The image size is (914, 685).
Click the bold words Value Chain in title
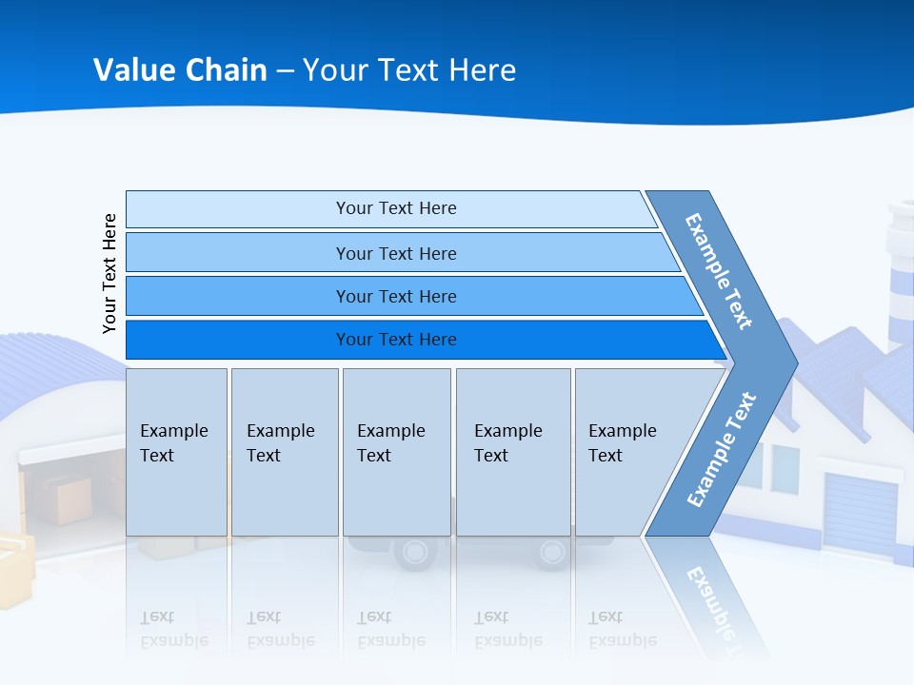(x=180, y=70)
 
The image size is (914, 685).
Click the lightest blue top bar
(x=390, y=208)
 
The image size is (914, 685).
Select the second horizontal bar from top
(x=395, y=253)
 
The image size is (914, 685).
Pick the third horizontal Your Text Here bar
(x=395, y=296)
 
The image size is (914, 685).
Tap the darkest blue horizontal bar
(x=395, y=340)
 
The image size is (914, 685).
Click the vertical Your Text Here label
(x=109, y=273)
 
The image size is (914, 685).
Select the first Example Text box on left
(x=176, y=452)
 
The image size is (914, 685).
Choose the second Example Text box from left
(x=285, y=452)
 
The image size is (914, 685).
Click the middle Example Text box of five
(x=396, y=452)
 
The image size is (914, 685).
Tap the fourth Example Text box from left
(x=513, y=452)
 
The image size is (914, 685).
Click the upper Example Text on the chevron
(x=720, y=270)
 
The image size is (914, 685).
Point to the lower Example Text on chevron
(x=722, y=449)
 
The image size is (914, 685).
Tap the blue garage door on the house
(x=860, y=514)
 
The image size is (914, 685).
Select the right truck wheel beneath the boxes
(x=552, y=552)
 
